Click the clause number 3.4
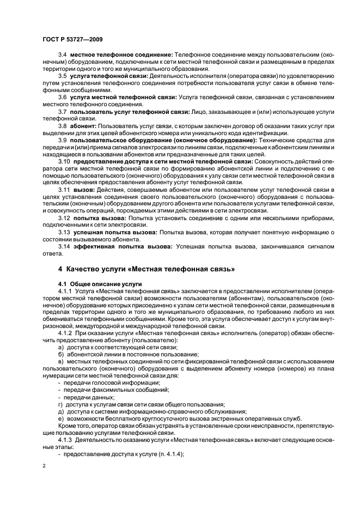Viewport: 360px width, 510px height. click(62, 55)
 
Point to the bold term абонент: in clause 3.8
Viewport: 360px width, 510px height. click(81, 125)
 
